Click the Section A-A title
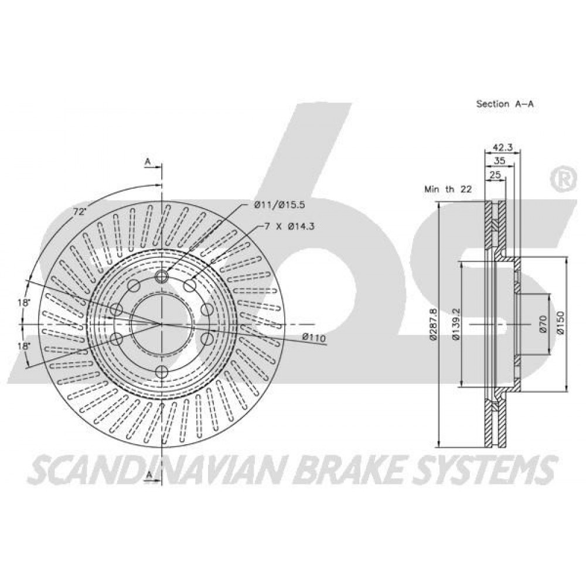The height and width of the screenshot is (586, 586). point(505,104)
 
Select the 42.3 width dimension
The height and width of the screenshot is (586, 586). point(502,147)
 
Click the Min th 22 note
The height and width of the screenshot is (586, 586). point(448,189)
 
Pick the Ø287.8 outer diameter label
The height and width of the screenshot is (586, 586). point(433,324)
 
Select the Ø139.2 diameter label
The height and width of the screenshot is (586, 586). point(455,324)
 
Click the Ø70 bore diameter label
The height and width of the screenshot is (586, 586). point(543,324)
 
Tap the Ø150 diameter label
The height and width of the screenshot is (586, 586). point(561,323)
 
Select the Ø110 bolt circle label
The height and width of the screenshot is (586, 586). point(314,338)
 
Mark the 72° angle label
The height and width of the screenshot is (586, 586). point(79,212)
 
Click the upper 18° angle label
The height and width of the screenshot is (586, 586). point(23,303)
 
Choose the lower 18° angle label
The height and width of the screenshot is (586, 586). point(23,346)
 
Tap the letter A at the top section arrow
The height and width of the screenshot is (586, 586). point(148,162)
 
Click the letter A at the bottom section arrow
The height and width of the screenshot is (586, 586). point(148,475)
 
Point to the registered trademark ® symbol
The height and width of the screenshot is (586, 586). point(563,180)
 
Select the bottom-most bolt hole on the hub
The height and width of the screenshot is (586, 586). point(162,372)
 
